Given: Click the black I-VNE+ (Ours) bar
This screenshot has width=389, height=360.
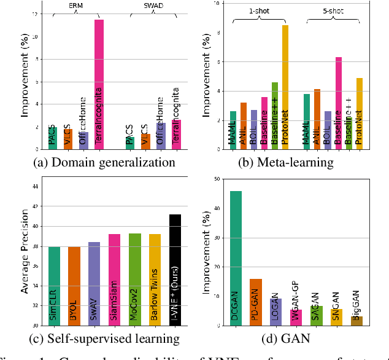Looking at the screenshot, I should point(175,270).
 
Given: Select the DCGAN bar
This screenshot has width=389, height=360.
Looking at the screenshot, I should point(236,258).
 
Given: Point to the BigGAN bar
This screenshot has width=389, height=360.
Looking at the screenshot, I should point(356,321).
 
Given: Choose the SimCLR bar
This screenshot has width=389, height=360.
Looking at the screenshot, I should point(55,286).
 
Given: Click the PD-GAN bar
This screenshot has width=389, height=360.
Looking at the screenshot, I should point(256,302).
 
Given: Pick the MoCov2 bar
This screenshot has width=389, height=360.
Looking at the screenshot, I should point(135,280).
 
